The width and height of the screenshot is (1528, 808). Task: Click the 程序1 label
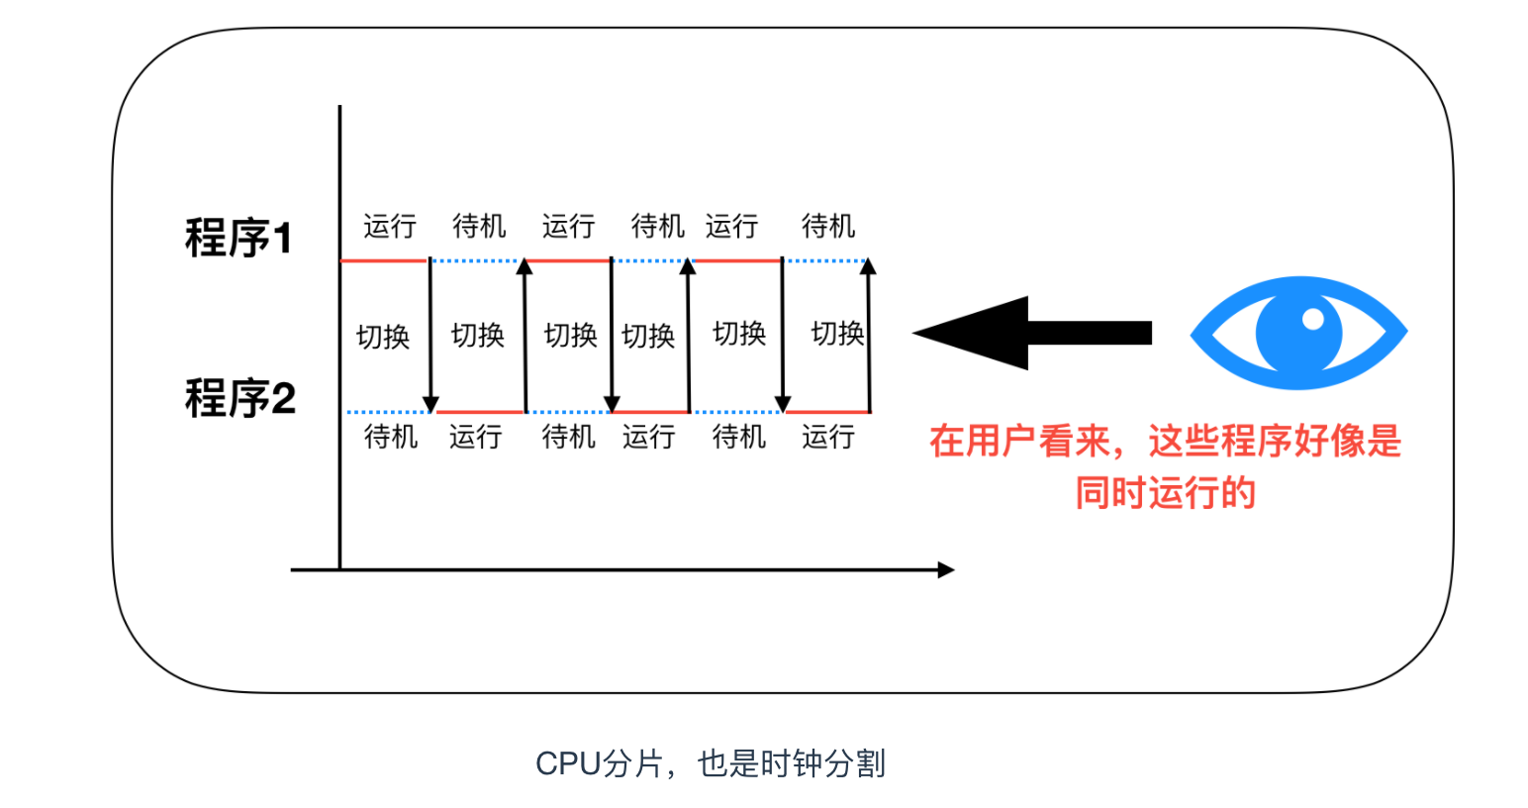point(239,239)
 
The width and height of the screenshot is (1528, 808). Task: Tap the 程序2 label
point(240,399)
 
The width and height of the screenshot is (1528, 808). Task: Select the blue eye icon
point(1298,333)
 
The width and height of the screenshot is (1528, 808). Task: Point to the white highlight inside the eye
point(1313,319)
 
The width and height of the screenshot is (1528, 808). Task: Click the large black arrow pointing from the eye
point(1031,333)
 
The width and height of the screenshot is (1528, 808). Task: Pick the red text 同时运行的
point(1165,492)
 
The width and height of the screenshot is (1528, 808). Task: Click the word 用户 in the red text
point(1002,442)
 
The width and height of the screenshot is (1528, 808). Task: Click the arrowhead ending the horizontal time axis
point(946,569)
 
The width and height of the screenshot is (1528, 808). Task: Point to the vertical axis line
point(339,337)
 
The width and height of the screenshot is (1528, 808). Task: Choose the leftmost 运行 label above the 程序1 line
point(389,227)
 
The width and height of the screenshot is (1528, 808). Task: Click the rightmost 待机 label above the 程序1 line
point(827,227)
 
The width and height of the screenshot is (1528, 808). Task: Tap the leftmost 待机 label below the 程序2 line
point(391,436)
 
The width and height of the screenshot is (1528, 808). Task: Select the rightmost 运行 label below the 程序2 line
point(827,436)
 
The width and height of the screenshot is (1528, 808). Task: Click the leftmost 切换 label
point(382,337)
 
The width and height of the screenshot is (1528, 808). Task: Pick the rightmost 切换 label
point(837,334)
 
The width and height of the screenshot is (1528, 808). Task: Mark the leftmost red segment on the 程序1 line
point(383,260)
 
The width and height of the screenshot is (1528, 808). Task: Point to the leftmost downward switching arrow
point(430,337)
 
